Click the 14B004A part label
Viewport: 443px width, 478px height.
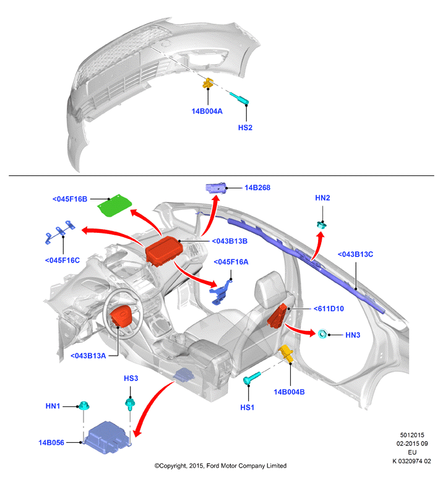click(x=207, y=111)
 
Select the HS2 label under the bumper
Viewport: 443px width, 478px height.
click(x=245, y=128)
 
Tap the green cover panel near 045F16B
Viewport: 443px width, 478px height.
click(x=114, y=206)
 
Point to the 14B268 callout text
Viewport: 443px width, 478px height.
click(x=257, y=188)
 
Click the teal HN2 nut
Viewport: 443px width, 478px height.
click(x=322, y=225)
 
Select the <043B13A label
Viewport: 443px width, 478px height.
click(x=88, y=356)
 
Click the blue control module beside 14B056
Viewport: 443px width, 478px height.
click(x=107, y=437)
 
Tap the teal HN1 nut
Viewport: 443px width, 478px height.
click(x=84, y=406)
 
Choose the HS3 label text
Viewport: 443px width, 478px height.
click(x=131, y=379)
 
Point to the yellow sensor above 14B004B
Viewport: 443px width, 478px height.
click(x=286, y=354)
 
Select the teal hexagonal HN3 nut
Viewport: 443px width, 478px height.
click(x=322, y=334)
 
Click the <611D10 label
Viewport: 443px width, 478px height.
click(x=329, y=309)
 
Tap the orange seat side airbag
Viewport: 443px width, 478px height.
click(x=278, y=316)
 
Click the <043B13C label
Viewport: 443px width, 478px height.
click(x=355, y=254)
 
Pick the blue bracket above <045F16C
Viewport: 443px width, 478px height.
click(x=60, y=232)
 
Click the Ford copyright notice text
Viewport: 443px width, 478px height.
click(x=220, y=466)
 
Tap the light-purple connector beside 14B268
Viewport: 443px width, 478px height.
click(x=216, y=188)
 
